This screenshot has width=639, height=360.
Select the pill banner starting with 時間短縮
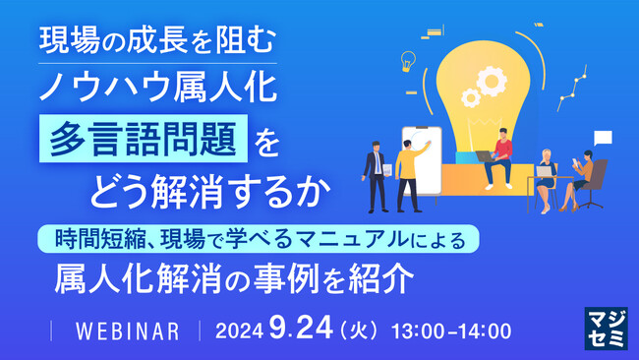tap(260, 238)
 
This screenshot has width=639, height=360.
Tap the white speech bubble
tap(603, 138)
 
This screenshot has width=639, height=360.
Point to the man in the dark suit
tap(375, 172)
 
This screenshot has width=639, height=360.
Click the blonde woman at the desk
tap(546, 175)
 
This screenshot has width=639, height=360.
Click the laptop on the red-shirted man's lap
tap(485, 156)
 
